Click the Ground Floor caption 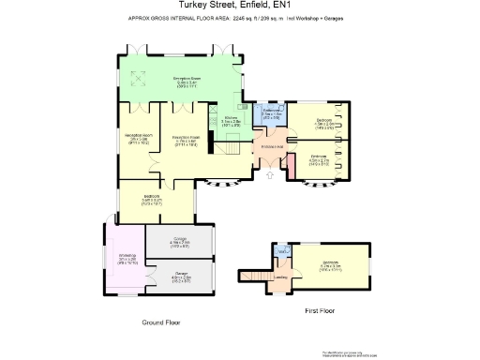coord(160,322)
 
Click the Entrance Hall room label coord(272,147)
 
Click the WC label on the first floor coord(282,251)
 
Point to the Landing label coord(279,277)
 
